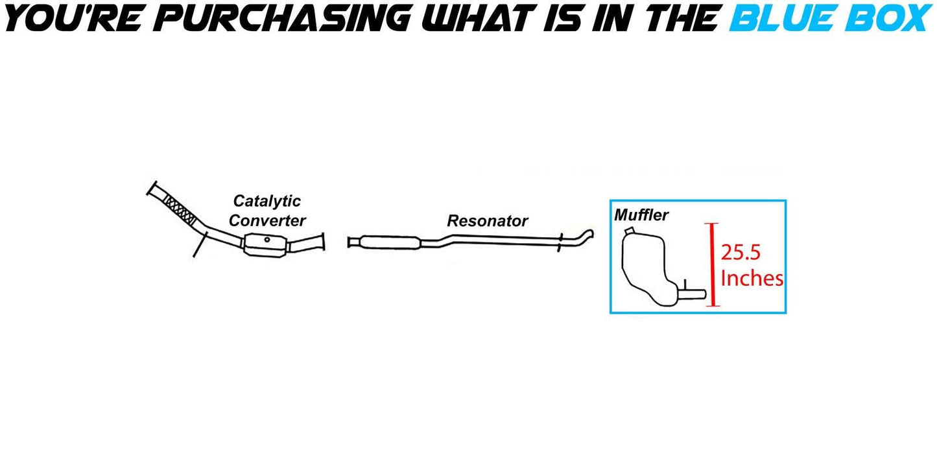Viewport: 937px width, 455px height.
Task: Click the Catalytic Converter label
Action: pyautogui.click(x=267, y=211)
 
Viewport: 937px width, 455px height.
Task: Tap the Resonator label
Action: pyautogui.click(x=487, y=221)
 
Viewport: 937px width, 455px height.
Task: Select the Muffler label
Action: pyautogui.click(x=641, y=215)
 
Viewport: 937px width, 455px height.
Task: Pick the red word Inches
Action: pyautogui.click(x=752, y=279)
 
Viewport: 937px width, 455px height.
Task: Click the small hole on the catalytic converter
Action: pyautogui.click(x=267, y=241)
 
